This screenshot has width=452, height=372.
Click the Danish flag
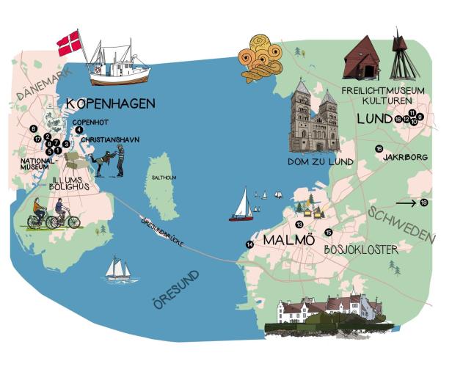pos(70,42)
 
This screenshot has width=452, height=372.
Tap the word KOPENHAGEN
pos(110,104)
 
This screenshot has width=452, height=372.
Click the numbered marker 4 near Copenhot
pos(78,130)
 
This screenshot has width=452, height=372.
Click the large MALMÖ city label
pos(288,241)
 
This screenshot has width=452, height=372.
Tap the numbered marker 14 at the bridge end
pos(249,244)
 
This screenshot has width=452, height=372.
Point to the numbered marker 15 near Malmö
pos(328,233)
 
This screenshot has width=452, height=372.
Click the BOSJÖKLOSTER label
pos(361,250)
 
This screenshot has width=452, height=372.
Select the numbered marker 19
pos(424,203)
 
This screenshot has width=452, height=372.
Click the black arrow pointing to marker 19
pos(406,203)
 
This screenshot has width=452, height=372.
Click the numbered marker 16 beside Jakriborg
pos(379,149)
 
